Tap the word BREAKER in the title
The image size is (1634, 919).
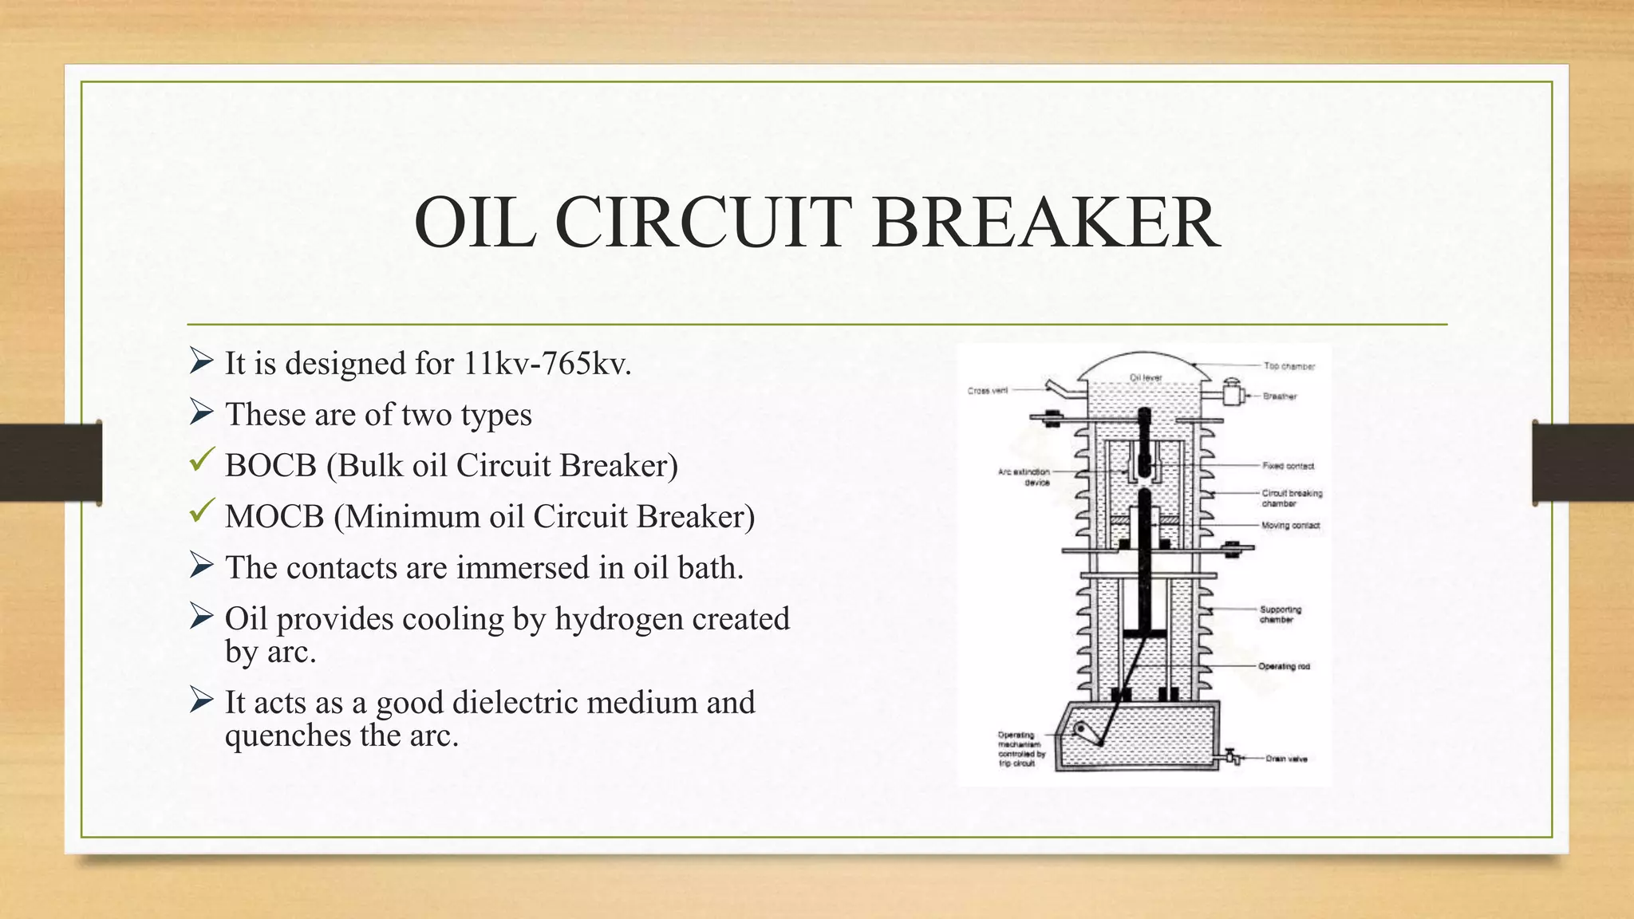[1046, 223]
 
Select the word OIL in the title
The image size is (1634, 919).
[476, 223]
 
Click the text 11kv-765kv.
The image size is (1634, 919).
[547, 364]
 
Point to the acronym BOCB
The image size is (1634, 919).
[270, 466]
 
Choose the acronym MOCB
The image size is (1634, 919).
[274, 517]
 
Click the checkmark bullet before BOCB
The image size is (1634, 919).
[202, 459]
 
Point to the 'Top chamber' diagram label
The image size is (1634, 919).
[1289, 366]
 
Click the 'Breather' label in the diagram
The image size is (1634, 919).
[1280, 396]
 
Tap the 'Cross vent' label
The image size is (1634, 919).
[988, 391]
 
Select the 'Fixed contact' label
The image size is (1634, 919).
[1288, 466]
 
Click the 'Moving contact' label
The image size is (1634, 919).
[1290, 526]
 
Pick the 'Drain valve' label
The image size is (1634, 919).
[1286, 759]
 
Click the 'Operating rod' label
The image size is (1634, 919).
[1284, 666]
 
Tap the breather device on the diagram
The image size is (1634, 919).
[1233, 394]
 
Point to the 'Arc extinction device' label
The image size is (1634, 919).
[1024, 477]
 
